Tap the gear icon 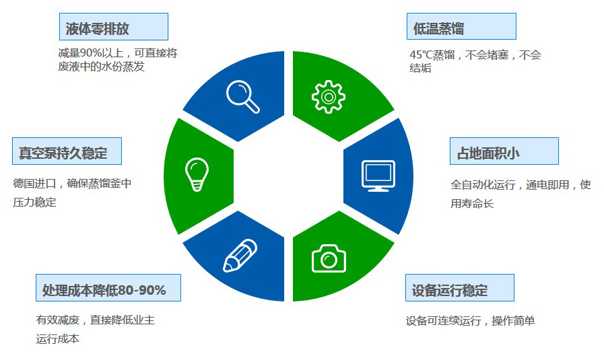click(x=329, y=97)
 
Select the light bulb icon click(x=197, y=174)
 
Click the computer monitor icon click(x=378, y=176)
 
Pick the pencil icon click(x=240, y=256)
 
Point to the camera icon click(x=329, y=258)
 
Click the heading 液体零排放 click(x=97, y=29)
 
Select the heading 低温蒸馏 click(x=438, y=29)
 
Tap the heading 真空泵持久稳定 click(x=63, y=153)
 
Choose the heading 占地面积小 click(x=488, y=153)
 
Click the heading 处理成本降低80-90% click(x=104, y=290)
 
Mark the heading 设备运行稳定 click(x=450, y=290)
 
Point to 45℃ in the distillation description click(x=421, y=55)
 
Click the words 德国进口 click(x=34, y=183)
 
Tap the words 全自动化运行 click(x=483, y=185)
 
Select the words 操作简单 click(x=514, y=321)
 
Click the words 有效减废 click(x=58, y=320)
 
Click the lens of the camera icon click(x=329, y=260)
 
